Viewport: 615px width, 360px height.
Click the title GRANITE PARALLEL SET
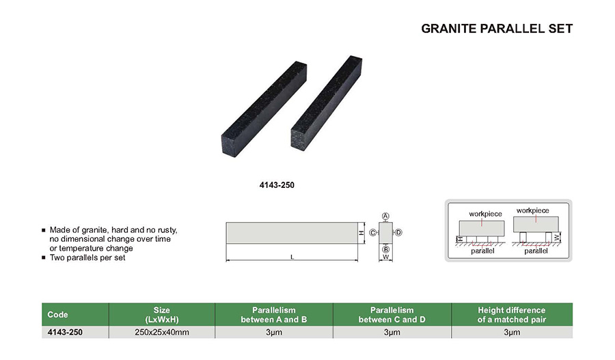497,29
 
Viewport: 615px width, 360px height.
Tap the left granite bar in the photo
264,109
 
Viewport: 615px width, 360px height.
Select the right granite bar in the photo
327,102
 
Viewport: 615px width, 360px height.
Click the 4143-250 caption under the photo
277,185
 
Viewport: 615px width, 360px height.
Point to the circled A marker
385,216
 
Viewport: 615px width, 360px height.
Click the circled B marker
386,249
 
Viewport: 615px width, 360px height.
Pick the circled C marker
372,233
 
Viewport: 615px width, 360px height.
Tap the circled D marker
398,232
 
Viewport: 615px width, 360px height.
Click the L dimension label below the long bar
292,258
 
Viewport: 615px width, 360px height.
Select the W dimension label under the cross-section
386,258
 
